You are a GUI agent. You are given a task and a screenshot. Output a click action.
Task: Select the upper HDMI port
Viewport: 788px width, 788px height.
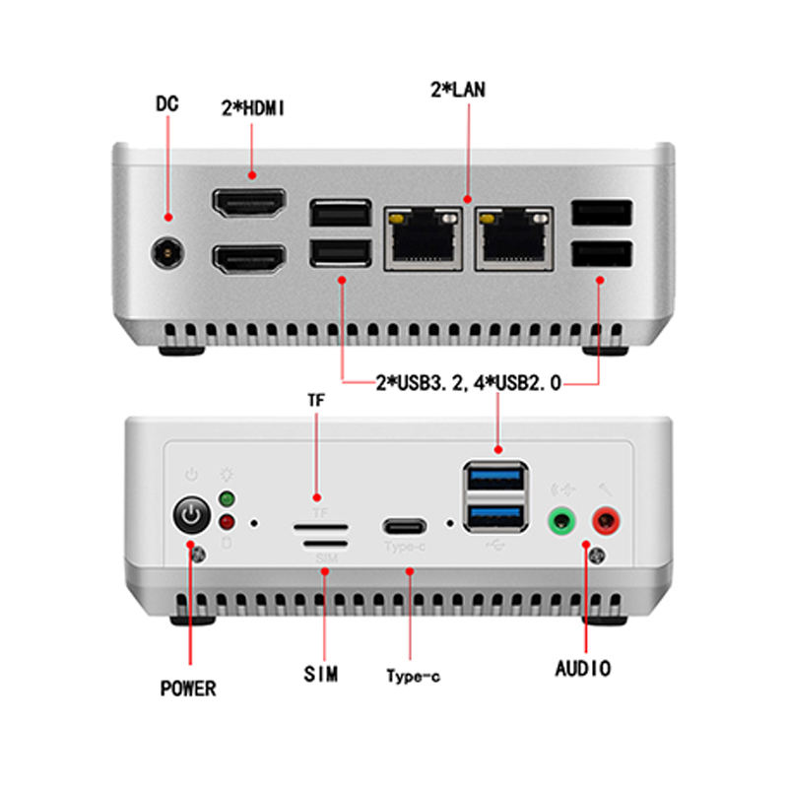(249, 206)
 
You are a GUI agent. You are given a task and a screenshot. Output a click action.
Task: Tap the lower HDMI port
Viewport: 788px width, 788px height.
(249, 260)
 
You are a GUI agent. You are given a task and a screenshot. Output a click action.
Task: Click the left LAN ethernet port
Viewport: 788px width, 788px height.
(424, 236)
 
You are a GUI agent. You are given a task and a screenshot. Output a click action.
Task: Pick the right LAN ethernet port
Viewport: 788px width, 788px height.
(513, 236)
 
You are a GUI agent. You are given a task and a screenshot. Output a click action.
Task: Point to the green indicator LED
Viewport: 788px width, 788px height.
(227, 498)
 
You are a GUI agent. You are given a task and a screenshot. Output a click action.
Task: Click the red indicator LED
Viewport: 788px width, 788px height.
(227, 522)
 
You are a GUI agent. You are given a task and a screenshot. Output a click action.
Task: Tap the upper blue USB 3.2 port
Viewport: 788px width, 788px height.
(494, 480)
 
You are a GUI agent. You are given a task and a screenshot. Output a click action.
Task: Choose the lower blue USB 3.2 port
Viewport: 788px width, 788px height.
(494, 515)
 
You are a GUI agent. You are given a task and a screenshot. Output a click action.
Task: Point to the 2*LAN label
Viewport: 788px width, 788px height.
(458, 90)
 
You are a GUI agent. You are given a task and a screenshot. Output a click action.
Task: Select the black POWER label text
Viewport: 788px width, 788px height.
(187, 688)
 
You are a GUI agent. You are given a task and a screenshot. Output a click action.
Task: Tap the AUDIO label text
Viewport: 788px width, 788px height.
(583, 669)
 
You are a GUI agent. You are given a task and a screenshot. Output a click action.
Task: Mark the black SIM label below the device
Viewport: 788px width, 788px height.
(321, 675)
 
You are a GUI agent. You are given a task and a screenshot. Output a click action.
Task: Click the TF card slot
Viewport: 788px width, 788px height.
(321, 526)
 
